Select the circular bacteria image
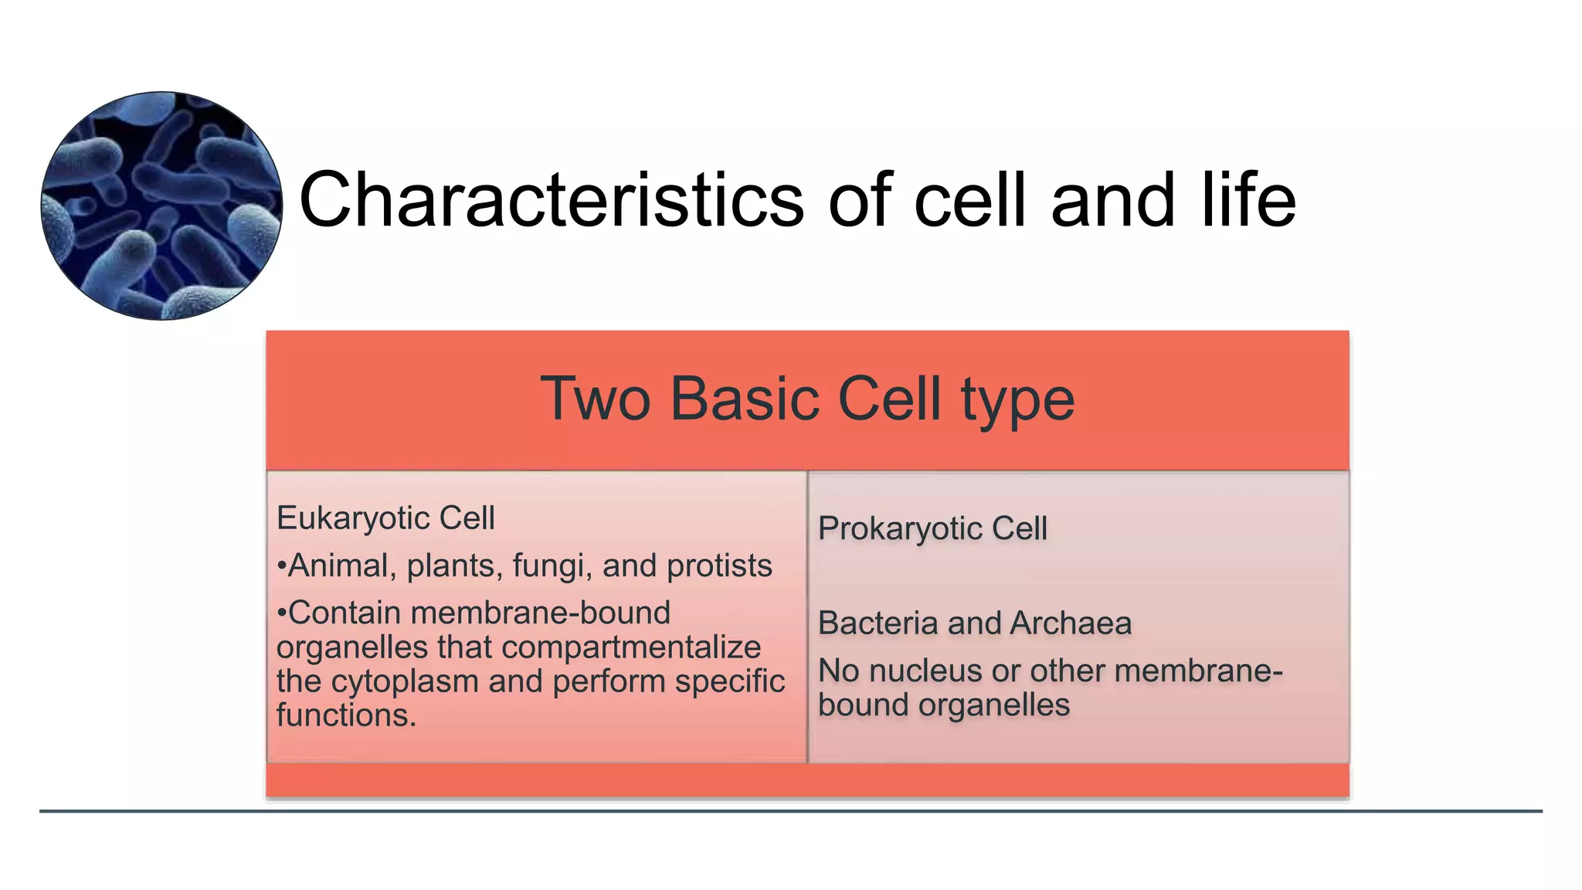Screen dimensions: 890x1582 (161, 206)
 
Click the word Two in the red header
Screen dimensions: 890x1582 (595, 399)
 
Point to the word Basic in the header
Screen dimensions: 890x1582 (745, 399)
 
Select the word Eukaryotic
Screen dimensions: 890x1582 (353, 518)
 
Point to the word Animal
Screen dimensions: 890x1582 (338, 566)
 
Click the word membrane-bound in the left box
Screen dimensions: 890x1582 (540, 613)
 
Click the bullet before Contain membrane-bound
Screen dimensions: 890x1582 (281, 613)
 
